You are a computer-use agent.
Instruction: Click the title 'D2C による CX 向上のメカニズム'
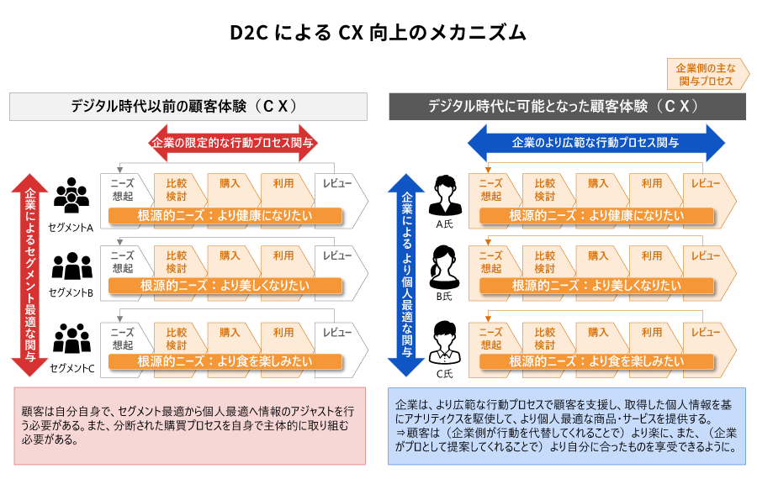point(378,33)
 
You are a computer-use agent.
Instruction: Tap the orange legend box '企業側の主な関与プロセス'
point(706,74)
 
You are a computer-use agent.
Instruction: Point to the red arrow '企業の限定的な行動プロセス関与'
point(232,143)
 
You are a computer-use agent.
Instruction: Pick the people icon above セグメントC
point(71,339)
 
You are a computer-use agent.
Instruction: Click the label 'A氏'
point(445,225)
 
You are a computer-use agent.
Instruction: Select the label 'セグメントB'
point(71,293)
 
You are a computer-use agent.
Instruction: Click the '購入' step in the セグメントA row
point(230,183)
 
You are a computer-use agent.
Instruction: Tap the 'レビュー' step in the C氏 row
point(706,334)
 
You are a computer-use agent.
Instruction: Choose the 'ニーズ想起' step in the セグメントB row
point(123,261)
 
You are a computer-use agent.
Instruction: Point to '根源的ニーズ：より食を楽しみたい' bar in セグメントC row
point(225,361)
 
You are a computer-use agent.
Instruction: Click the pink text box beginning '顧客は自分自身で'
point(190,425)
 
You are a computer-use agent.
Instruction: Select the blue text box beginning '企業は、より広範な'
point(567,425)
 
